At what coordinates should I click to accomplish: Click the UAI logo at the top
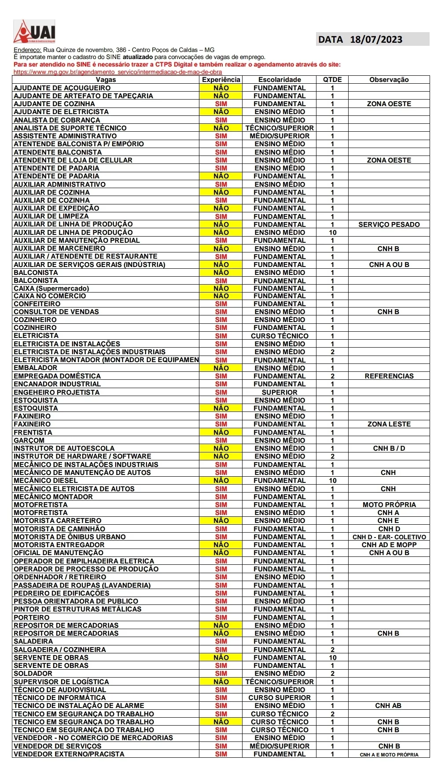34,32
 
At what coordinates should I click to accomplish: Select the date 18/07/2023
376,40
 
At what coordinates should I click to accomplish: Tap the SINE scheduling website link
118,72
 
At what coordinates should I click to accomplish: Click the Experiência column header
221,80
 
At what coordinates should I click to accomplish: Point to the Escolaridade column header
280,80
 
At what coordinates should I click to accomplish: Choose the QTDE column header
332,80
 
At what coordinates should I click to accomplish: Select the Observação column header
389,80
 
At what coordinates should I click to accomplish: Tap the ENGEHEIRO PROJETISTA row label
57,393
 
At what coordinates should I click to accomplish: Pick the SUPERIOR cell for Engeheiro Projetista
280,393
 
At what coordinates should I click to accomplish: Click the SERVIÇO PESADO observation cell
389,225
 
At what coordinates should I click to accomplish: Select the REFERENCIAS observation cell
389,376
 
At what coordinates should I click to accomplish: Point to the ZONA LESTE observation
389,424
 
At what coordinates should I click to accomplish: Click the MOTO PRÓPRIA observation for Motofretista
389,505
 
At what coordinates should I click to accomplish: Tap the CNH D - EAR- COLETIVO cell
389,537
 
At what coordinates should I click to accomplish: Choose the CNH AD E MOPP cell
389,545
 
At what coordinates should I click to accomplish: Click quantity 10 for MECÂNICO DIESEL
332,481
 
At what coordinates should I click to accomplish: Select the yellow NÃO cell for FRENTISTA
221,433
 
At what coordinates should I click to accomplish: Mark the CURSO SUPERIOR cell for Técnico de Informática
280,698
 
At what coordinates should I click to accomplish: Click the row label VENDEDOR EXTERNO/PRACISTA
69,754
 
